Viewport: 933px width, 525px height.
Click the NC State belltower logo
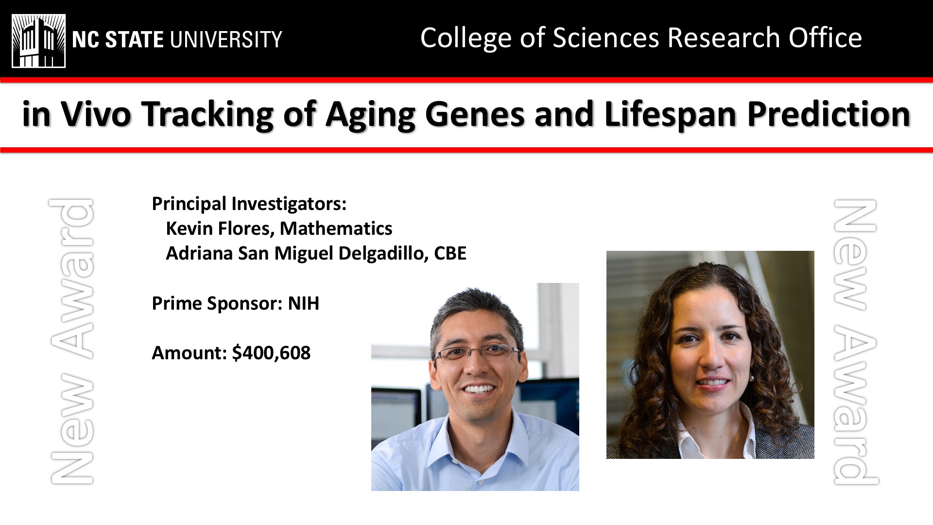coord(39,41)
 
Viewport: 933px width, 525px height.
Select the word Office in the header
coord(825,38)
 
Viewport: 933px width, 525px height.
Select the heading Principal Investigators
coord(249,204)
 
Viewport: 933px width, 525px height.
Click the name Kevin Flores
coord(221,228)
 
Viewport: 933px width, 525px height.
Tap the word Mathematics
coord(336,228)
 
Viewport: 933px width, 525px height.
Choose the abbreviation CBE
coord(450,253)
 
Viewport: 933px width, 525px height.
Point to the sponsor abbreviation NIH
coord(304,303)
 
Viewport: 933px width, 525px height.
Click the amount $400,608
coord(271,353)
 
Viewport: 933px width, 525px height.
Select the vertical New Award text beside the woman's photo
coord(856,342)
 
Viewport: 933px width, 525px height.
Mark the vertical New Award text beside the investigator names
coord(71,341)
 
